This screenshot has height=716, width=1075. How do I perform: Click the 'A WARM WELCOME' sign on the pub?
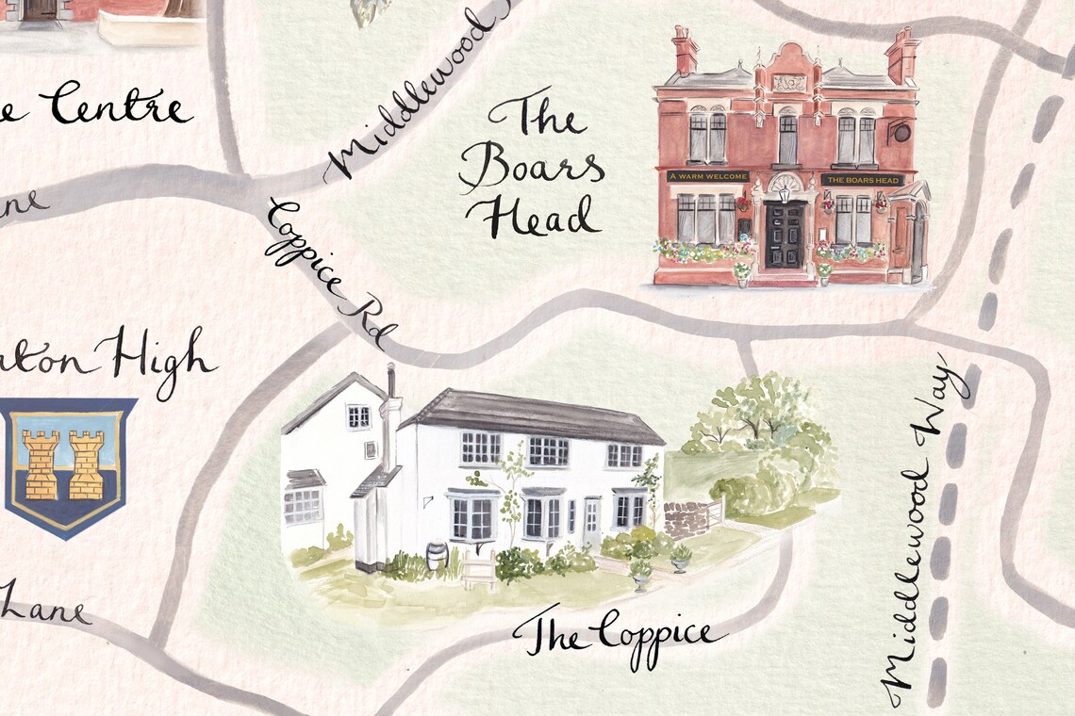tap(707, 176)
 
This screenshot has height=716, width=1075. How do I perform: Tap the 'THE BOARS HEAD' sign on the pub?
tap(862, 179)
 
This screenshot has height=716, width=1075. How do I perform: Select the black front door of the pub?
tap(784, 235)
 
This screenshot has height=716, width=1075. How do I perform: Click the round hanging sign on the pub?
tap(901, 132)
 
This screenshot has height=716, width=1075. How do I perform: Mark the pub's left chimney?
tap(684, 51)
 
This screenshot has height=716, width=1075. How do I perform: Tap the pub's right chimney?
tap(901, 55)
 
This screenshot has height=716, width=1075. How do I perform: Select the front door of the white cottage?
tap(590, 523)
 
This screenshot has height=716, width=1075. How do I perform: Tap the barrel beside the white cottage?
tap(437, 555)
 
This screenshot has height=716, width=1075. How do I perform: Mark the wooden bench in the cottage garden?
tap(478, 570)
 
